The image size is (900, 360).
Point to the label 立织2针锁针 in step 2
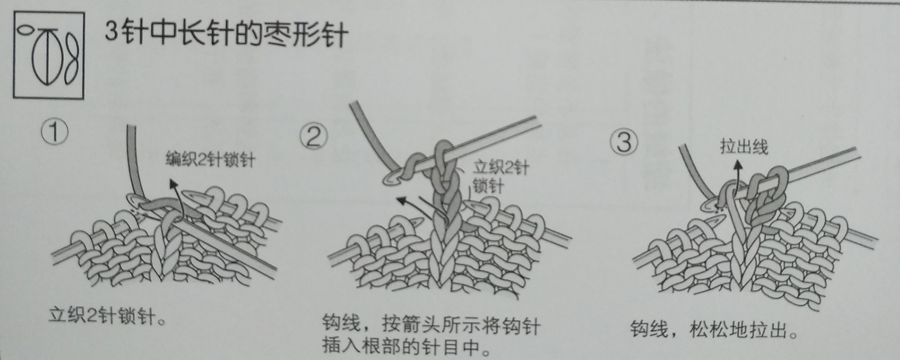pyautogui.click(x=500, y=177)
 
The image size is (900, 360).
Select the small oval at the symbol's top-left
pyautogui.click(x=25, y=32)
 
